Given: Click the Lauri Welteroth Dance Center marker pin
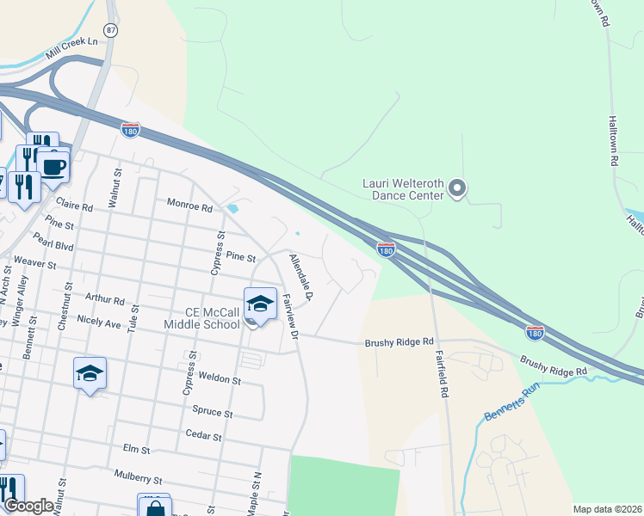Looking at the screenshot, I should (x=458, y=188).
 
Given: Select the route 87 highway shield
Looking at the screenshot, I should (x=110, y=30).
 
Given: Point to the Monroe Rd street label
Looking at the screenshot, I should (x=189, y=207).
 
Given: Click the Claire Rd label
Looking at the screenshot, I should (x=73, y=205).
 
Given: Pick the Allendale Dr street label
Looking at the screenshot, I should (x=301, y=277).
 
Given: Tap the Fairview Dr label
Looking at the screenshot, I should (x=290, y=314).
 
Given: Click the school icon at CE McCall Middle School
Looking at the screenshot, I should (x=260, y=304).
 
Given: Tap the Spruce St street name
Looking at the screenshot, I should (x=216, y=413).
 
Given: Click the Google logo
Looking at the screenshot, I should (x=29, y=506).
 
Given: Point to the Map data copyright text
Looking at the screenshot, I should (x=606, y=509).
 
